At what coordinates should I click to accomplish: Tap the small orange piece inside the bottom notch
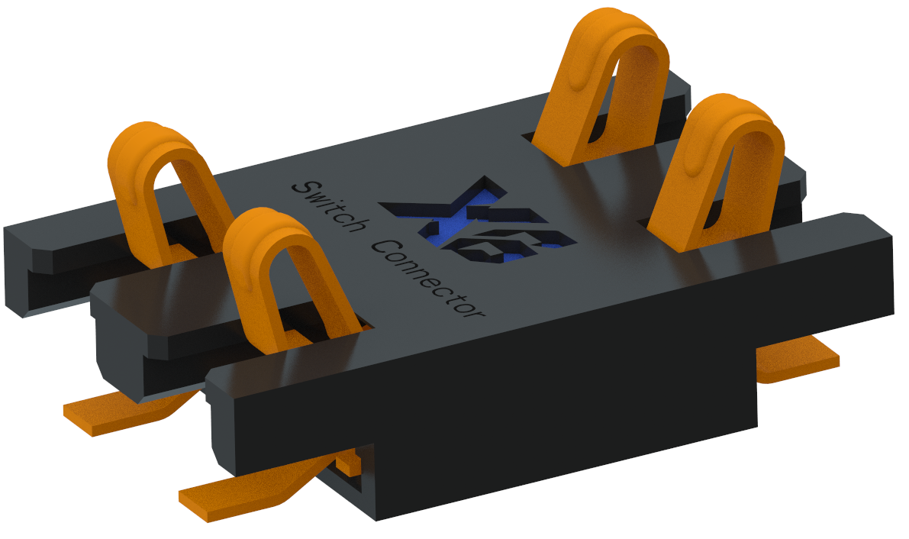click(x=350, y=461)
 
